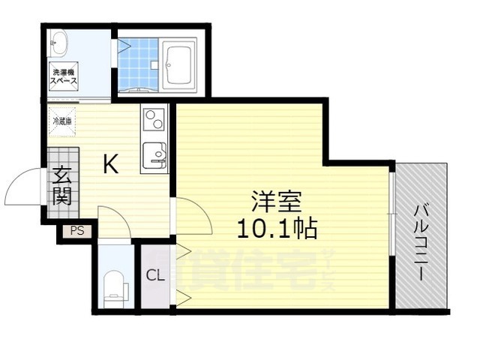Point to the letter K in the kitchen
tap(110, 164)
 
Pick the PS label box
tap(77, 231)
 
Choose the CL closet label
tap(155, 274)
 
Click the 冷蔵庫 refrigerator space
tap(62, 120)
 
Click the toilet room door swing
tap(112, 223)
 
